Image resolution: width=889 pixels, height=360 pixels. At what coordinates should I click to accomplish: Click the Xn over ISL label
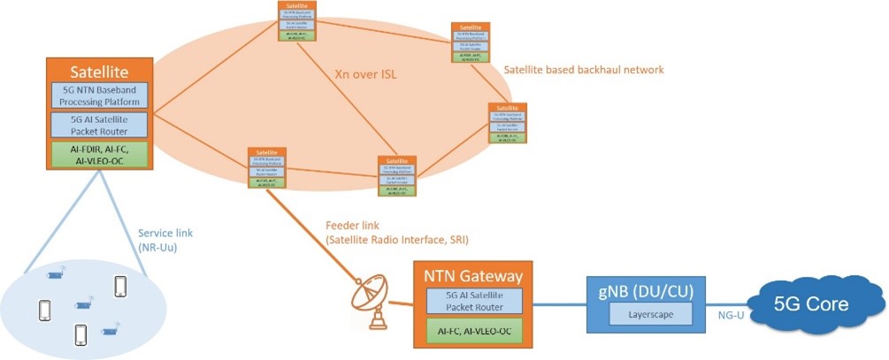365,75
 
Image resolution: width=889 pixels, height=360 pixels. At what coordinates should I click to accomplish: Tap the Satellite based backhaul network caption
583,69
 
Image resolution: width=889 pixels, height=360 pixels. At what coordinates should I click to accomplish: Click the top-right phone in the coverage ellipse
121,287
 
